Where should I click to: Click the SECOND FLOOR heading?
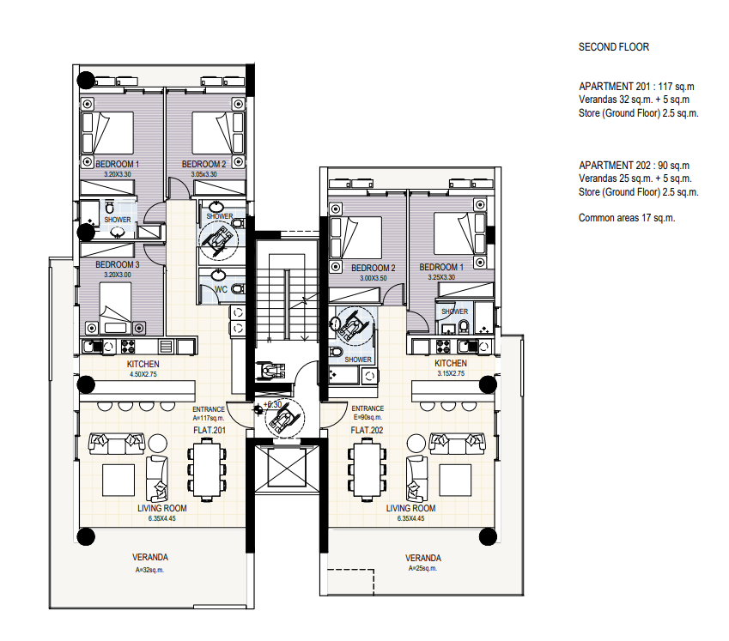pyautogui.click(x=614, y=47)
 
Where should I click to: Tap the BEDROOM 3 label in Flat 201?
pyautogui.click(x=117, y=265)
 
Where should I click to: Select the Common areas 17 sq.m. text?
pyautogui.click(x=627, y=218)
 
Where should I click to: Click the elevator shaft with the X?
pyautogui.click(x=288, y=468)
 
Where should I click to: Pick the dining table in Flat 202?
pyautogui.click(x=368, y=469)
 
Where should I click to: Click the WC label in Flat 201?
pyautogui.click(x=221, y=290)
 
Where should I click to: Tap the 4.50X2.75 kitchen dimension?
pyautogui.click(x=143, y=374)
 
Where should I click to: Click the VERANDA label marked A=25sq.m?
pyautogui.click(x=423, y=558)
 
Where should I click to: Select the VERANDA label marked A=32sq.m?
pyautogui.click(x=150, y=557)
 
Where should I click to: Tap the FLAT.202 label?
pyautogui.click(x=367, y=430)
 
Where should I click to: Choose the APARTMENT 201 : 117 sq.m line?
pyautogui.click(x=636, y=87)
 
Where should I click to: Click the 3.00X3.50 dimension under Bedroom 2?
pyautogui.click(x=374, y=278)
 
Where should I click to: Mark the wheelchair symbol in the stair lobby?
pyautogui.click(x=284, y=418)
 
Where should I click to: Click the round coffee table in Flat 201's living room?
pyautogui.click(x=158, y=444)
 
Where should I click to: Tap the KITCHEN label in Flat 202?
pyautogui.click(x=451, y=363)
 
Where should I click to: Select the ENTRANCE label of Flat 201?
pyautogui.click(x=209, y=409)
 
